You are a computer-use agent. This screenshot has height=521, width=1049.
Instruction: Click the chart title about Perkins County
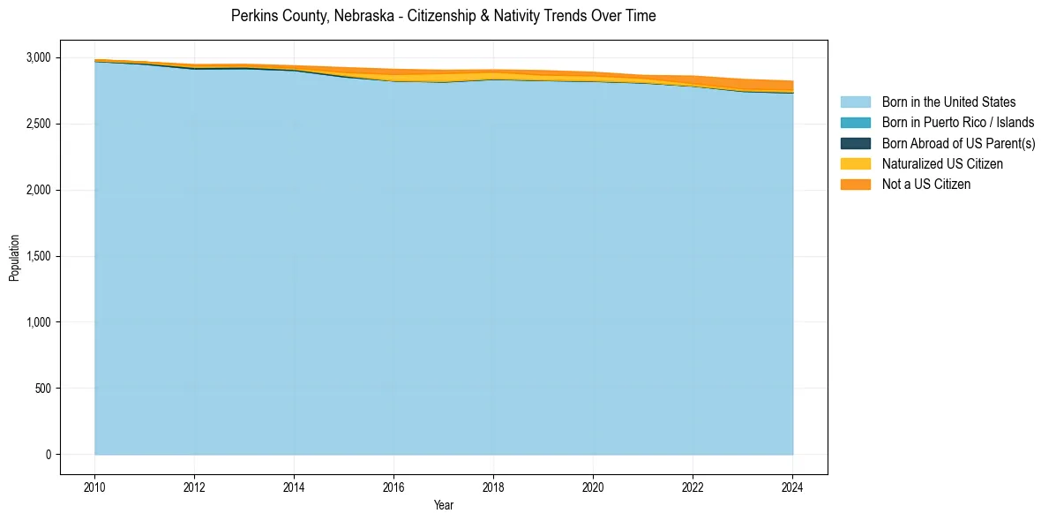pos(443,16)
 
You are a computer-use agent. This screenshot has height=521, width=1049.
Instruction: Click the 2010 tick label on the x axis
pos(94,486)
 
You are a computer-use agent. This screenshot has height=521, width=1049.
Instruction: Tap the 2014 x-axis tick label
pos(294,486)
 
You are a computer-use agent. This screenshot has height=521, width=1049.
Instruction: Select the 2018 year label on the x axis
pos(493,486)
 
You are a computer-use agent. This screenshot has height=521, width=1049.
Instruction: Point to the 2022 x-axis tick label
pos(693,486)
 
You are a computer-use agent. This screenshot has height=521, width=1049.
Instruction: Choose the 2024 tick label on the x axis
pos(792,486)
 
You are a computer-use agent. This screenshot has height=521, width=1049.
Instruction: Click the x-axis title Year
pos(444,505)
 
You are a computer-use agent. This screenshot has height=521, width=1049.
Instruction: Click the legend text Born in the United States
pos(948,102)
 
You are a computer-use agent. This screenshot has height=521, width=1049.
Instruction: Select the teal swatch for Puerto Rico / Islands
pos(855,123)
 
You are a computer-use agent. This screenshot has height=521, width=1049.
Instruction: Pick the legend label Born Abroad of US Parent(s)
pos(958,143)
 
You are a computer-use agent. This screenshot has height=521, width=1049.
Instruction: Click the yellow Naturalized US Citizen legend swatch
pos(855,163)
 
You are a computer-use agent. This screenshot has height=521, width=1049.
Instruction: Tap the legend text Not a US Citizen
pos(925,185)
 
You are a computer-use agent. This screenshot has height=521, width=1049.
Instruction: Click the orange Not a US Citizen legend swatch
pos(855,185)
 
